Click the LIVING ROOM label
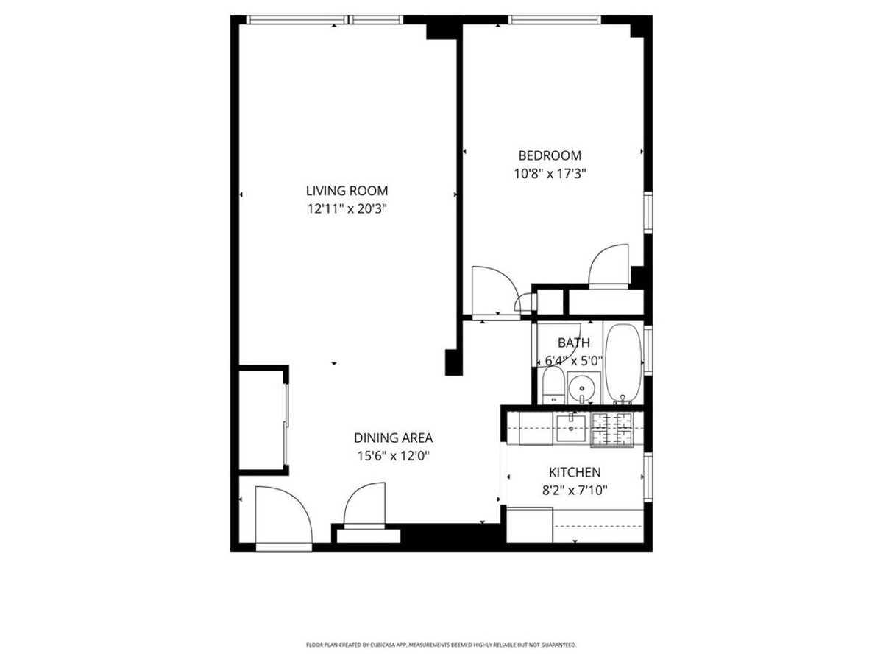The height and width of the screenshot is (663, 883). pos(347,191)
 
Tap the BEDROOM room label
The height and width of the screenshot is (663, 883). pos(550,155)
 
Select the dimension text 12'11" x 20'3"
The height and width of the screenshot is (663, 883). pos(347,208)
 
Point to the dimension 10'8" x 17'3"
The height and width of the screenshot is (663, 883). pos(550,174)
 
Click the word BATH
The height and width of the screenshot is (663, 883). pos(573,343)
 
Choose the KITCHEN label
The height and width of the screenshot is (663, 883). pos(575,472)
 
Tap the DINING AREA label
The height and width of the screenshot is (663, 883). pos(393,437)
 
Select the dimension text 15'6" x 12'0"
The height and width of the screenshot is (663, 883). pos(393,455)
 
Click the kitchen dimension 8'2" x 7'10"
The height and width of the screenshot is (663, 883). pos(575,490)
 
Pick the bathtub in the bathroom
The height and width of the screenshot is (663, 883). pos(624,363)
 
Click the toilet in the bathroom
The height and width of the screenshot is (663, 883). pos(551,387)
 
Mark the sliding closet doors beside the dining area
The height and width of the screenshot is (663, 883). pos(287,418)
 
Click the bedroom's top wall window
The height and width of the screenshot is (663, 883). pos(555,20)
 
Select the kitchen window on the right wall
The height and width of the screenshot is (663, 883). pos(648,477)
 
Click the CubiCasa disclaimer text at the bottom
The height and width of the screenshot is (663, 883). pos(441,645)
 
